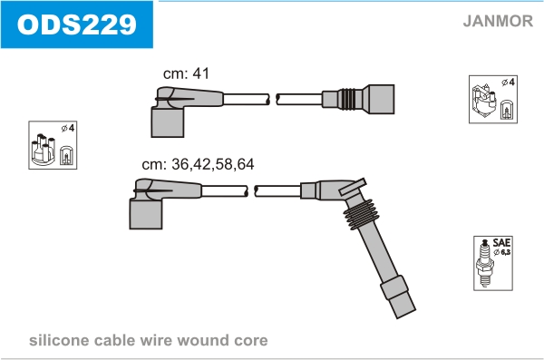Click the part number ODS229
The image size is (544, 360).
pyautogui.click(x=77, y=24)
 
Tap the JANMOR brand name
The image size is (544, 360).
pyautogui.click(x=498, y=21)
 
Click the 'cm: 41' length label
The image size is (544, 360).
pyautogui.click(x=186, y=73)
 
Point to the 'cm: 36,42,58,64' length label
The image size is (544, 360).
pyautogui.click(x=198, y=164)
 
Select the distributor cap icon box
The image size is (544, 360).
pyautogui.click(x=53, y=145)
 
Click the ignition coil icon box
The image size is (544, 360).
pyautogui.click(x=493, y=99)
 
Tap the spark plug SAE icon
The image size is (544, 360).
pyautogui.click(x=493, y=264)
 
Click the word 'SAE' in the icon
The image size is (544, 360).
pyautogui.click(x=501, y=242)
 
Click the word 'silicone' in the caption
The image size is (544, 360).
pyautogui.click(x=59, y=340)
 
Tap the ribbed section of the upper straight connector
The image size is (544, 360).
pyautogui.click(x=347, y=99)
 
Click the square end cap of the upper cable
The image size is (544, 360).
pyautogui.click(x=381, y=99)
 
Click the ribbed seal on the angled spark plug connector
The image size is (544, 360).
pyautogui.click(x=362, y=215)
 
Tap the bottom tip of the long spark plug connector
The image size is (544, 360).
pyautogui.click(x=406, y=314)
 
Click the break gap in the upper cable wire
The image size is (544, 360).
pyautogui.click(x=273, y=99)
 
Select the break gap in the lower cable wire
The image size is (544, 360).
pyautogui.click(x=251, y=191)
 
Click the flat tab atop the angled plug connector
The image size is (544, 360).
pyautogui.click(x=353, y=187)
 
